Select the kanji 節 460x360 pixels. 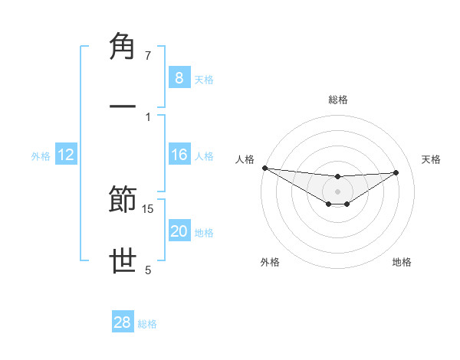(123, 201)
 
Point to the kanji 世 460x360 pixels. (123, 261)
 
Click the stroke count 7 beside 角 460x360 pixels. (148, 56)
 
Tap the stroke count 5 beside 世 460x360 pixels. (148, 269)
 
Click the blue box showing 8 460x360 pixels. (179, 77)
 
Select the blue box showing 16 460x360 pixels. (179, 155)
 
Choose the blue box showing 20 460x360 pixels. (179, 231)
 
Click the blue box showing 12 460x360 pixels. (66, 155)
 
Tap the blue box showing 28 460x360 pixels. (123, 322)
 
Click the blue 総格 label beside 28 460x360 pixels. (147, 324)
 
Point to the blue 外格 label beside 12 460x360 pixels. (41, 156)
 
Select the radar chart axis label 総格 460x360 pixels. (338, 100)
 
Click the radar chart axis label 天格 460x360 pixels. (432, 159)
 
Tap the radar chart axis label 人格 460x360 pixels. (244, 159)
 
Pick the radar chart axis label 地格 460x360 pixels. (402, 262)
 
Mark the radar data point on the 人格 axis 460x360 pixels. (264, 168)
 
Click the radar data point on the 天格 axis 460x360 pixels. (396, 172)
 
